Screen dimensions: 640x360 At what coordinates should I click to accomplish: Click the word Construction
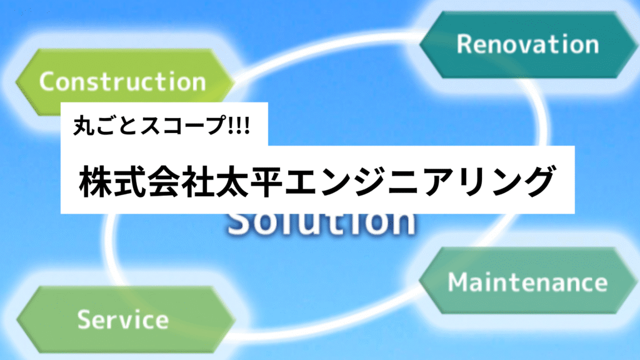(x=122, y=81)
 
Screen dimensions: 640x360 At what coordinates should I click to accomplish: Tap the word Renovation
(x=527, y=44)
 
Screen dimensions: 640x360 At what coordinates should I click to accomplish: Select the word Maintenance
(x=527, y=282)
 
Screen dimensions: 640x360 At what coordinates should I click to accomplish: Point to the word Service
(x=123, y=319)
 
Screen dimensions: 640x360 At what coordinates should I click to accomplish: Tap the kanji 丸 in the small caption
(x=84, y=125)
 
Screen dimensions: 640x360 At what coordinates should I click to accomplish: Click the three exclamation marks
(x=239, y=125)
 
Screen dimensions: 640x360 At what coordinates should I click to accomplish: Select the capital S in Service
(x=84, y=319)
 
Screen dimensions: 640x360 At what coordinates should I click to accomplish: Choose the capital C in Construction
(x=47, y=81)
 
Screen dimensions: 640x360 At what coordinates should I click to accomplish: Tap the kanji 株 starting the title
(x=96, y=181)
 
